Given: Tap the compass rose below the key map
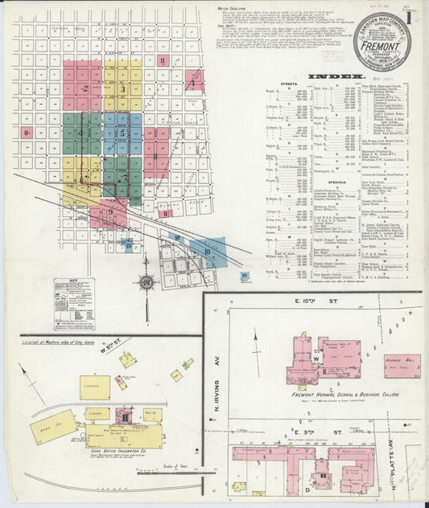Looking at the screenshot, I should pos(146,282).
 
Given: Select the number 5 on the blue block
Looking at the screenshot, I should pos(122,133).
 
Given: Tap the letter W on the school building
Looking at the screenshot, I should pos(316,359).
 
